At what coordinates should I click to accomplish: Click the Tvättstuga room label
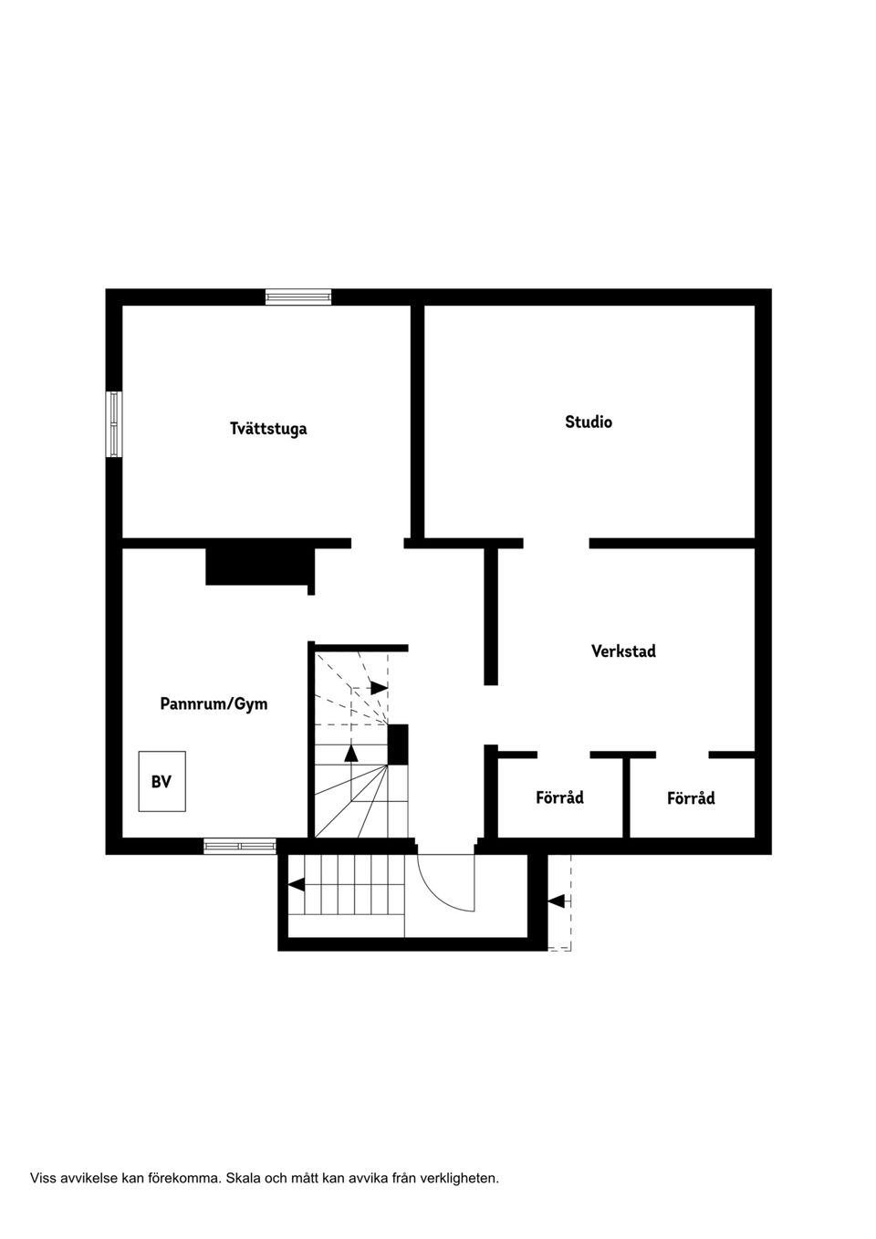point(268,429)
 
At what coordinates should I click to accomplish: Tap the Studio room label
point(589,422)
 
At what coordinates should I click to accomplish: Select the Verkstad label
point(623,651)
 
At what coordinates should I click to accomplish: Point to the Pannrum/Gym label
point(214,704)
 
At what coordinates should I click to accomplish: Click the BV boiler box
point(162,782)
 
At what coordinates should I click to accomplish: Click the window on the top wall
point(298,297)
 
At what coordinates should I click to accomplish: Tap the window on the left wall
point(114,424)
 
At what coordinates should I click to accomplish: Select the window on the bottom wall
point(239,846)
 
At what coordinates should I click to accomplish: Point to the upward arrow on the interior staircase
point(351,752)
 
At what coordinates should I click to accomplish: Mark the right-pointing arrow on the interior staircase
point(378,687)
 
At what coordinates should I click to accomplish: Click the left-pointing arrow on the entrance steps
point(297,884)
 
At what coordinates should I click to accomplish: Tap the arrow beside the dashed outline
point(555,901)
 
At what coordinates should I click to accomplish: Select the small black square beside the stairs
point(398,744)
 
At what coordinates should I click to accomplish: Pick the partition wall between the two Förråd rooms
point(627,796)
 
